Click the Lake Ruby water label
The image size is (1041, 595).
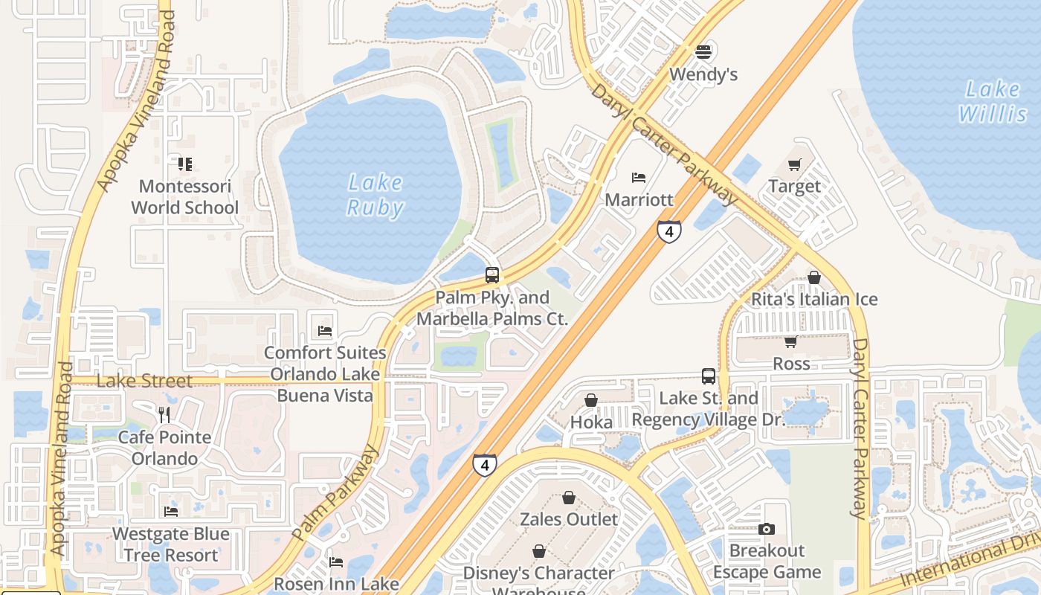376,195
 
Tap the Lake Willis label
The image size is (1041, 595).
993,102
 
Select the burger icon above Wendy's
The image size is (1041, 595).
703,52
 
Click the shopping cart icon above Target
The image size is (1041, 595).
795,164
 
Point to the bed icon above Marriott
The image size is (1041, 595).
639,178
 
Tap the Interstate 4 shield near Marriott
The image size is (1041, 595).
669,231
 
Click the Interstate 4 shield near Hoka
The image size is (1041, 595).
485,465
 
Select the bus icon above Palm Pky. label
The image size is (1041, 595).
492,274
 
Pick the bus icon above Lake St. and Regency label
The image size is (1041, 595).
708,376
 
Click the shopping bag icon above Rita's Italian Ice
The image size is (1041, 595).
814,277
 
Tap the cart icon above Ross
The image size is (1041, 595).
790,341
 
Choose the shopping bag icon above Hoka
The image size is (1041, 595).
591,400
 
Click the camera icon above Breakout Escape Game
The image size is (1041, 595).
767,529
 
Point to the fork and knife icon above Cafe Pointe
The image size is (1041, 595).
164,415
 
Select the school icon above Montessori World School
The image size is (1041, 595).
185,164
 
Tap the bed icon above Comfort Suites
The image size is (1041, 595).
325,330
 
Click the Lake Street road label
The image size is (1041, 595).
145,381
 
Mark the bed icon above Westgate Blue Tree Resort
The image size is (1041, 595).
171,512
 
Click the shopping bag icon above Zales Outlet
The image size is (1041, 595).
569,497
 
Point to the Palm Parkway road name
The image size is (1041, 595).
335,493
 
